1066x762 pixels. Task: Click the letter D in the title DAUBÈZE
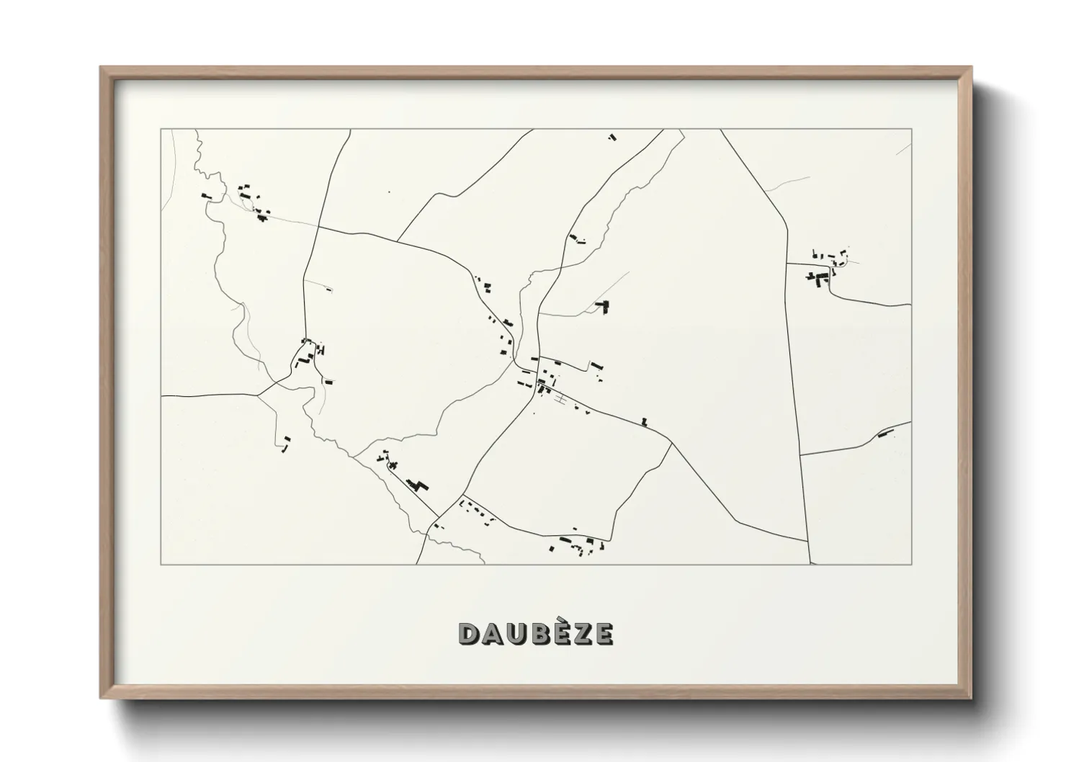click(470, 634)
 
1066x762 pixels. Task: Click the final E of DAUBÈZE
click(604, 634)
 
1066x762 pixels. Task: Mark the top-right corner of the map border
click(911, 129)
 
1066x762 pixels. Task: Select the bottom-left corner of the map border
click(161, 564)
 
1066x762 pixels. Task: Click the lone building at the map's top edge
click(612, 136)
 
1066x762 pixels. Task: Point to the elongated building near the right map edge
click(885, 433)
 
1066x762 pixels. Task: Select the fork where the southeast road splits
click(671, 443)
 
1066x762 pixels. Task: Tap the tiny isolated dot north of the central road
click(389, 192)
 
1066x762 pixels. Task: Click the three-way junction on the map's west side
click(258, 395)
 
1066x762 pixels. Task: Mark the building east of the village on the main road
click(645, 421)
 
